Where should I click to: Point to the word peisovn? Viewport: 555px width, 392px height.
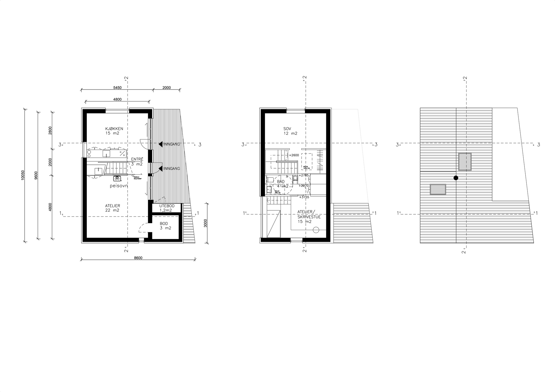pos(119,186)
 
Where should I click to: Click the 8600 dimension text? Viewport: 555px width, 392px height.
pos(138,258)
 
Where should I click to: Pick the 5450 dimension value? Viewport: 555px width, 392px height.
pos(118,88)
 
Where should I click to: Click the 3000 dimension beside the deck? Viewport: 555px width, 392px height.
pos(205,223)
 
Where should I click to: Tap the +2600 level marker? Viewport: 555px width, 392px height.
pos(294,155)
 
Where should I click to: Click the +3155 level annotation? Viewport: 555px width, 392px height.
pos(304,197)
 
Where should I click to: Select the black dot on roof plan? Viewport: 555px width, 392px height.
pos(456,178)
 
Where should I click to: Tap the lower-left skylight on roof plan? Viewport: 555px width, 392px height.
pos(438,190)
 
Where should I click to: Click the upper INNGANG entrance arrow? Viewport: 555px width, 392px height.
pos(160,144)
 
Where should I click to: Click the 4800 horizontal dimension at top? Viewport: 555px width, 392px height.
pos(117,100)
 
